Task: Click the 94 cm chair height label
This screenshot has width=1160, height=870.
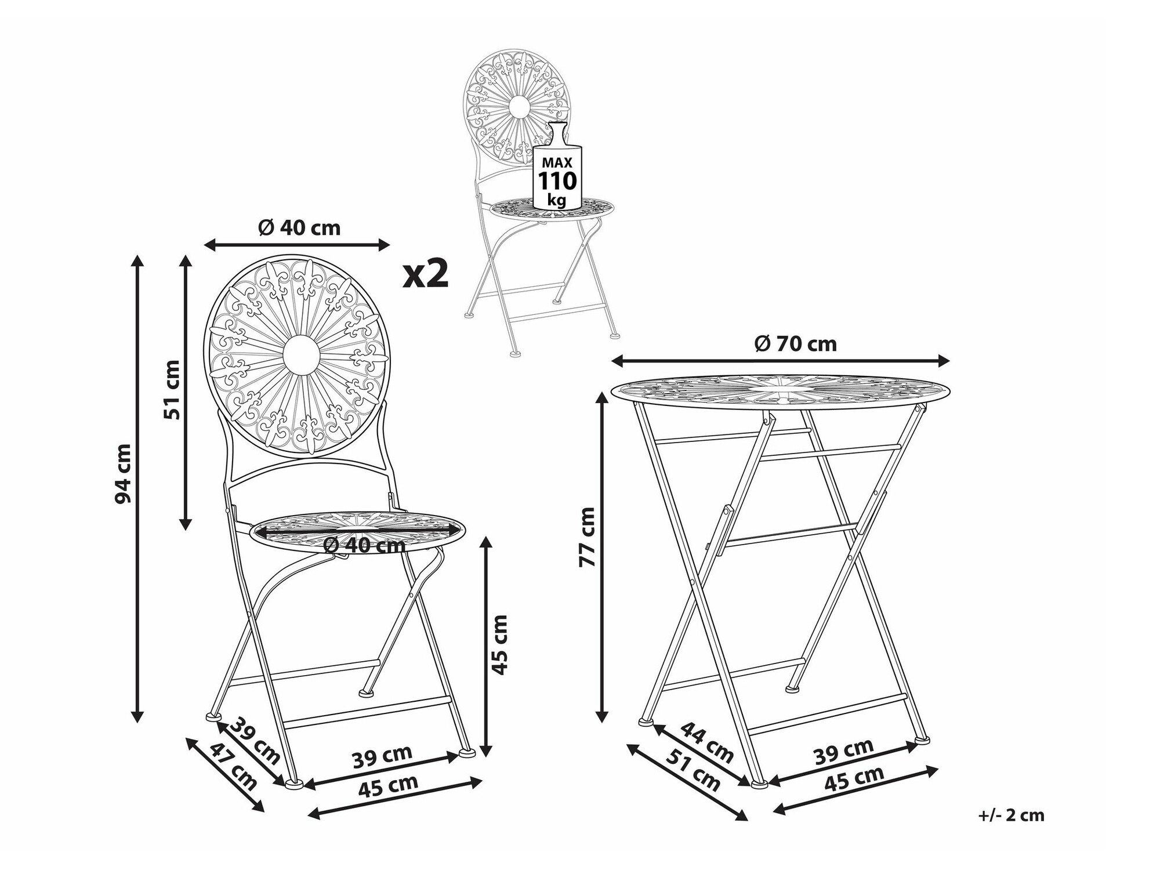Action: (124, 473)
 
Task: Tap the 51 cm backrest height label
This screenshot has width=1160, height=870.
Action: (172, 389)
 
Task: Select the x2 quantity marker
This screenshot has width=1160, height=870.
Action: (426, 274)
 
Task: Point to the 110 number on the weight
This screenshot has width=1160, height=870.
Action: (558, 181)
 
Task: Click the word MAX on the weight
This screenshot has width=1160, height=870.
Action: (557, 162)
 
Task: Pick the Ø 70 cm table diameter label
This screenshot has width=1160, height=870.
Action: (795, 344)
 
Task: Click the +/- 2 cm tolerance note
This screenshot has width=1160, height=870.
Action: (1011, 815)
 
